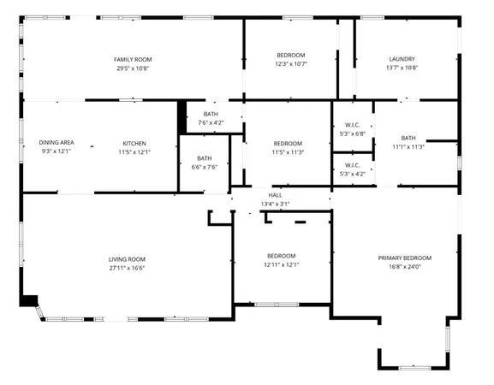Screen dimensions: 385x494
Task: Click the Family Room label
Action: pos(139,59)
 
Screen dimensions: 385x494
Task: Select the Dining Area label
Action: pos(56,143)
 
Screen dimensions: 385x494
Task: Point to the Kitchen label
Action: pos(134,143)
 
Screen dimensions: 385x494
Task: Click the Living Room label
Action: pos(127,259)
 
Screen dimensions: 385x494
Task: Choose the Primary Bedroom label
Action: pos(405,258)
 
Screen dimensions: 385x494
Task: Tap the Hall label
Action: pos(276,195)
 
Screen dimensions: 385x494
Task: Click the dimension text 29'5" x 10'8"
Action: pos(139,68)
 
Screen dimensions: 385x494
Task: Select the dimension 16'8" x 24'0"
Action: pos(405,266)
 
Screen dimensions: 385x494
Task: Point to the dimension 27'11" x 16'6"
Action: pos(127,268)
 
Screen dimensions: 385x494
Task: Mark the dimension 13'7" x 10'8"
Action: pos(401,68)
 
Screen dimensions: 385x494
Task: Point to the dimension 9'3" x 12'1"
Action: pos(56,151)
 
